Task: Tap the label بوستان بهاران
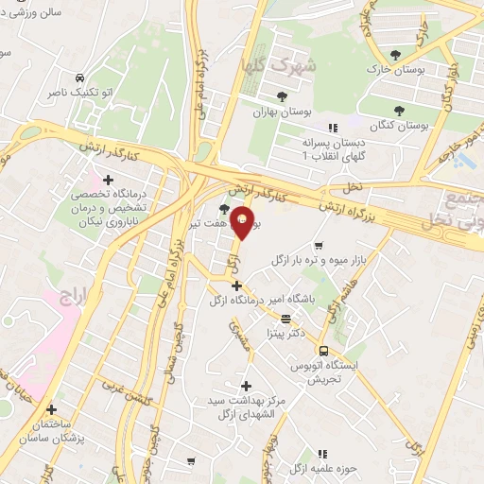(x=282, y=111)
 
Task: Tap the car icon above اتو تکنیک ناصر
(x=80, y=76)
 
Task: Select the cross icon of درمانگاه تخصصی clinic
(x=109, y=180)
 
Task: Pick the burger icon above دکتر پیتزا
(x=285, y=319)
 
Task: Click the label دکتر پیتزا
(x=285, y=334)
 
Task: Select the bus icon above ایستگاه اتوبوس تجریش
(x=323, y=350)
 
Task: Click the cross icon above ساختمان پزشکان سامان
(x=51, y=409)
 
